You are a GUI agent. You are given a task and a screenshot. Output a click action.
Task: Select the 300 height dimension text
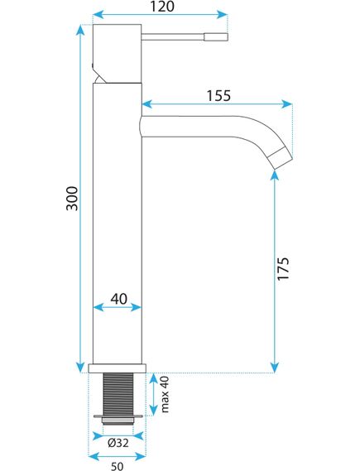72,198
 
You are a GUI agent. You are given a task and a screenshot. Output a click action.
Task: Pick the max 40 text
164,395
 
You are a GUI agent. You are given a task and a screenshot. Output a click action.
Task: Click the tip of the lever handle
223,36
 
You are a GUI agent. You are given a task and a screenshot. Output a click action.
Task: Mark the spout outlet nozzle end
282,156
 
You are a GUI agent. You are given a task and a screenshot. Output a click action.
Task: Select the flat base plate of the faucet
117,368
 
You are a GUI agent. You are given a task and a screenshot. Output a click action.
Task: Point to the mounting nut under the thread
117,417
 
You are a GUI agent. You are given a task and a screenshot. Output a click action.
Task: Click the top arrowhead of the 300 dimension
80,30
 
